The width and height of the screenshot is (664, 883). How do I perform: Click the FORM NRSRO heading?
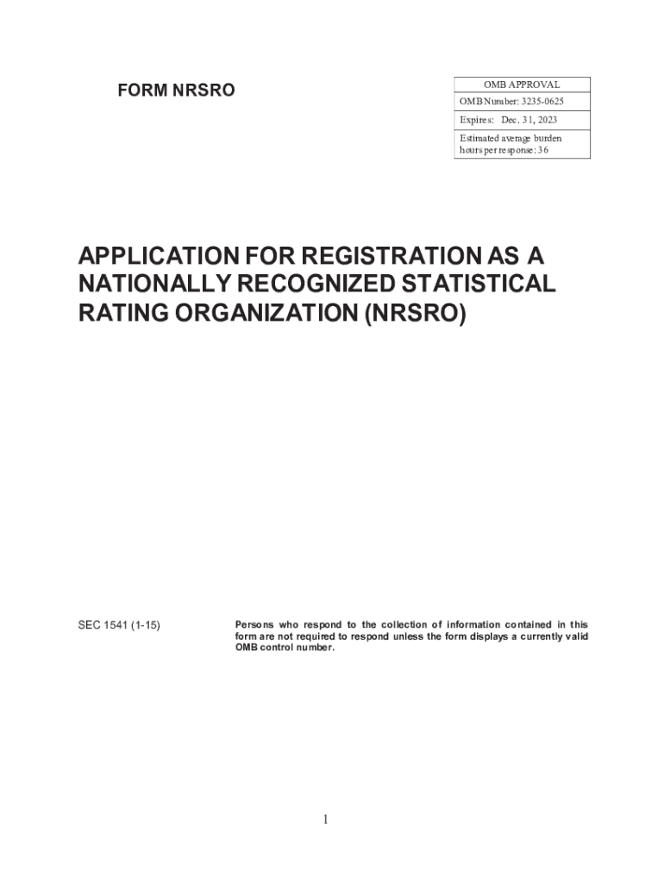(176, 90)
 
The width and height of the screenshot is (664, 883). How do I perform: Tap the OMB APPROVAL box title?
(522, 85)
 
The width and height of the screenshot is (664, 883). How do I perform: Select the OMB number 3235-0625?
(541, 103)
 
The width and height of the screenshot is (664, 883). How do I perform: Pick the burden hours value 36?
(542, 149)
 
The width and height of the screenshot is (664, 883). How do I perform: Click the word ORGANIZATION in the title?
(260, 315)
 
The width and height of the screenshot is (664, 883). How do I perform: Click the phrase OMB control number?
(284, 648)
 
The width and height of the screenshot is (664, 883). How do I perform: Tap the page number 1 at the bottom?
(325, 819)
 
